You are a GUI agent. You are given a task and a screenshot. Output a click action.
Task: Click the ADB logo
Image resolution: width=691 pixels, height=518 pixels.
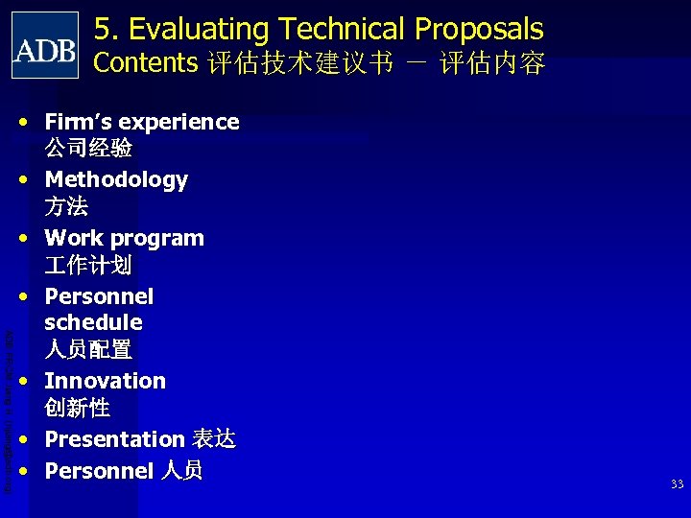45,45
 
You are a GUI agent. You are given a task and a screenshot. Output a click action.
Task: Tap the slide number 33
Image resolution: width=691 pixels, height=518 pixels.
677,484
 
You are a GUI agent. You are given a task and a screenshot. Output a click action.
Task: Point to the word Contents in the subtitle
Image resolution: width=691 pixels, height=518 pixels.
145,63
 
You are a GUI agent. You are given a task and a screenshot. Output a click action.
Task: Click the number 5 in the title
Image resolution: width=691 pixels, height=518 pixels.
104,30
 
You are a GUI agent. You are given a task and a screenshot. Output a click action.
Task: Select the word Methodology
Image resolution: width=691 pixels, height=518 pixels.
116,180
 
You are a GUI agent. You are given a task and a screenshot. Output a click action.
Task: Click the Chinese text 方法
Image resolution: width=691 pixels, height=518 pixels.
66,206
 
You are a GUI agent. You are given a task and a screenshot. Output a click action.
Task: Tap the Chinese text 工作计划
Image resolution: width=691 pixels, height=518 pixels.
88,265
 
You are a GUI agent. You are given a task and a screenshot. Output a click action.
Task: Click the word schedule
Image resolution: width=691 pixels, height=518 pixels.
93,322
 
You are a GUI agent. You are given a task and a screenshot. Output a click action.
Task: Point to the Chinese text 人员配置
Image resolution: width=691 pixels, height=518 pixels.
88,349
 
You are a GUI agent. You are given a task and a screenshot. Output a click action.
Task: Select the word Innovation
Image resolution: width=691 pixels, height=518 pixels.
105,381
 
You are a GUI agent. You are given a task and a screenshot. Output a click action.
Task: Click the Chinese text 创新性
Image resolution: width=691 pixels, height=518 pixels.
78,408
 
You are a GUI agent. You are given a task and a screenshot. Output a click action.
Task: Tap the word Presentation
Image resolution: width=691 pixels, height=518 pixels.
114,439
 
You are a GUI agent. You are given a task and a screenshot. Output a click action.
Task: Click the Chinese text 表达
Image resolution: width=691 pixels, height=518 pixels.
213,439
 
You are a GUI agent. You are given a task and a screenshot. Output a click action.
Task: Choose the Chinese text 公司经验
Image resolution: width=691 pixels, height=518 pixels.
88,149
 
